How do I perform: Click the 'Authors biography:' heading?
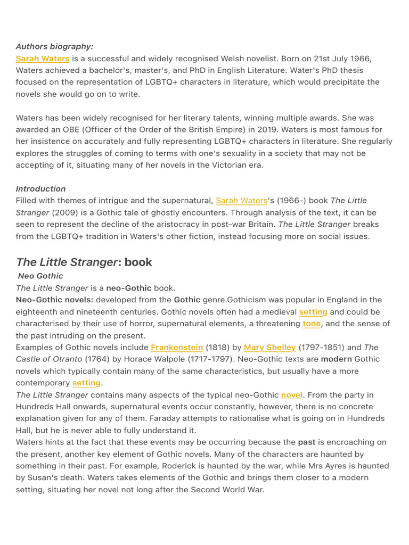(54, 47)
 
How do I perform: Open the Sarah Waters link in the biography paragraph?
(43, 59)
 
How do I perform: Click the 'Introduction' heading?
(41, 188)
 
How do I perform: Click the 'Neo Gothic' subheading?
(40, 276)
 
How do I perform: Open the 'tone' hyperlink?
(312, 324)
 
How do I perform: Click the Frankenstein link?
(177, 348)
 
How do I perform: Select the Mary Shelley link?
(269, 348)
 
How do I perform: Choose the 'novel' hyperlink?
(292, 395)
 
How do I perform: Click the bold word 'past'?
(307, 442)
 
